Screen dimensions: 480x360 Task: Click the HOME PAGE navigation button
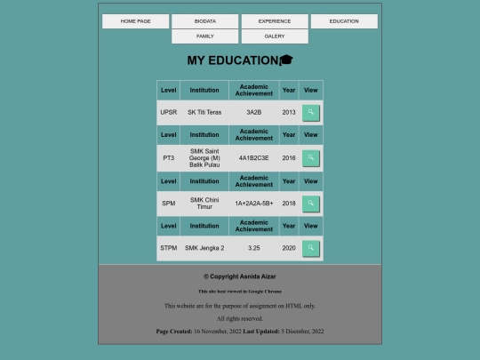tap(135, 21)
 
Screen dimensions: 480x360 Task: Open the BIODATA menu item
tap(204, 21)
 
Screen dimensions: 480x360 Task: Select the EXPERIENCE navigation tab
tap(275, 21)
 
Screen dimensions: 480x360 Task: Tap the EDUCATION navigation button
tap(344, 21)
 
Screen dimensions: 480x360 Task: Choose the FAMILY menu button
tap(204, 36)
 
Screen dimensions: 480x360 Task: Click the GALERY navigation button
tap(275, 36)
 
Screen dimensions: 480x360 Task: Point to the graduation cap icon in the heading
tap(286, 60)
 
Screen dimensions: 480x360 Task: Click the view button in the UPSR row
tap(310, 112)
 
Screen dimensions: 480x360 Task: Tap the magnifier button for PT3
tap(310, 157)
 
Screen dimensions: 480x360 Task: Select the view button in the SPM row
tap(310, 203)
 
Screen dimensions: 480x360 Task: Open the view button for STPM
tap(310, 248)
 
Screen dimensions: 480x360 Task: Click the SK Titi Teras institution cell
tap(204, 112)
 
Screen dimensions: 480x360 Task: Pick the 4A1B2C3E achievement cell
tap(254, 157)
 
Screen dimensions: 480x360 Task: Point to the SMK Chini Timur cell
tap(204, 203)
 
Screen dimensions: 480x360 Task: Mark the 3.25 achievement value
tap(254, 248)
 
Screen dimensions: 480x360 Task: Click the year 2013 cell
tap(289, 112)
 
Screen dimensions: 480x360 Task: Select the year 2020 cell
tap(289, 248)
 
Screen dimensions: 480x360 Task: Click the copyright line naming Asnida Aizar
tap(239, 276)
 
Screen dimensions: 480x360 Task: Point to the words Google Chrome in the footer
tap(264, 291)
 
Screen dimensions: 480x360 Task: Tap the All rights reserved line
tap(240, 318)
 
